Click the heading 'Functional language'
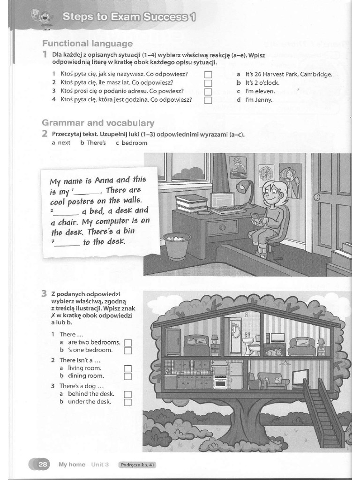87,44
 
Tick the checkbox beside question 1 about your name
209,75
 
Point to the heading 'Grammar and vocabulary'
98,123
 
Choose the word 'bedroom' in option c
134,143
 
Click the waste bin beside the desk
177,246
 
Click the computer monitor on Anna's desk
222,201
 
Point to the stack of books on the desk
191,203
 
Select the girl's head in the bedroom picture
273,194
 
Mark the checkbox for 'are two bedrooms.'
128,343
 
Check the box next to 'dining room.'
128,376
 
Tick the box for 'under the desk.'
128,402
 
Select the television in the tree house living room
299,377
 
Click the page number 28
43,465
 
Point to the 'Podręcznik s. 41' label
137,465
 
